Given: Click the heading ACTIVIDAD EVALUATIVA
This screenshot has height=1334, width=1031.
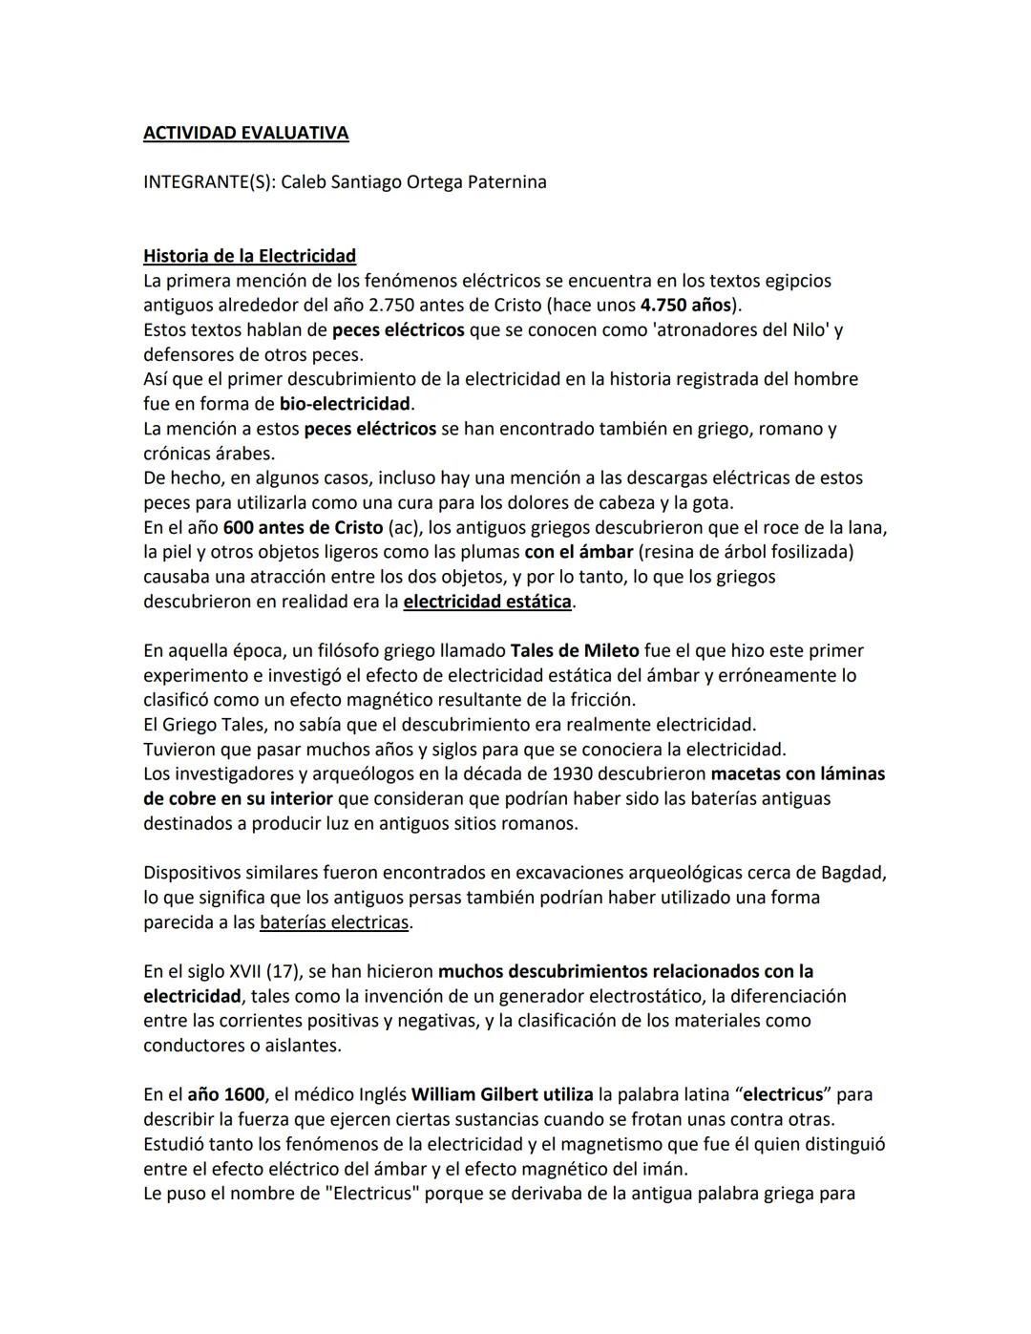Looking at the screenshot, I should pyautogui.click(x=245, y=133).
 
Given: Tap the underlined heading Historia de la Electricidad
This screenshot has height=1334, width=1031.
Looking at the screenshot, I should pyautogui.click(x=249, y=256).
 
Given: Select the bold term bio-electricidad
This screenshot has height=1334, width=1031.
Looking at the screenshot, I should pyautogui.click(x=344, y=404).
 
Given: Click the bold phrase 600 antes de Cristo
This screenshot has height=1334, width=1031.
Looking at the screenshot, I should pyautogui.click(x=303, y=527).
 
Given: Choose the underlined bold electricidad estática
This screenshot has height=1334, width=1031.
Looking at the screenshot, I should pyautogui.click(x=487, y=602).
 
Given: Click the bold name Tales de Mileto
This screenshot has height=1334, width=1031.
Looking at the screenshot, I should pyautogui.click(x=575, y=651).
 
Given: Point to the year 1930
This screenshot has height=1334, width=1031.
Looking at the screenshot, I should pyautogui.click(x=573, y=773).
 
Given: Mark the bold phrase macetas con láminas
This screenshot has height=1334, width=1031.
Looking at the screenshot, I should pyautogui.click(x=797, y=773).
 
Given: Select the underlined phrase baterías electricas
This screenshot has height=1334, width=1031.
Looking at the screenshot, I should pyautogui.click(x=334, y=922).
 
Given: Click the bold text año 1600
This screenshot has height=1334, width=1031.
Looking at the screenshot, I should pyautogui.click(x=225, y=1094).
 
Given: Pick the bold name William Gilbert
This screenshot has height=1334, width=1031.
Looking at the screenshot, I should pyautogui.click(x=474, y=1094).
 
